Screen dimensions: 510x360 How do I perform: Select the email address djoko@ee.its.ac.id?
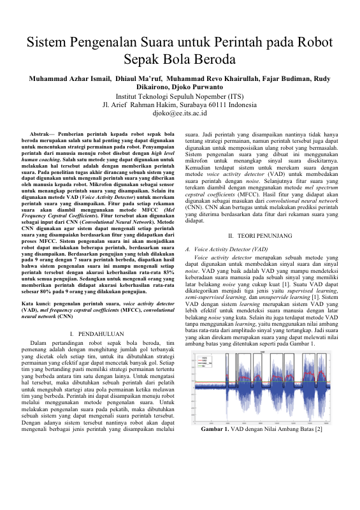pos(180,112)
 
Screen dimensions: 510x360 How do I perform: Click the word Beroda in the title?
pos(213,61)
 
